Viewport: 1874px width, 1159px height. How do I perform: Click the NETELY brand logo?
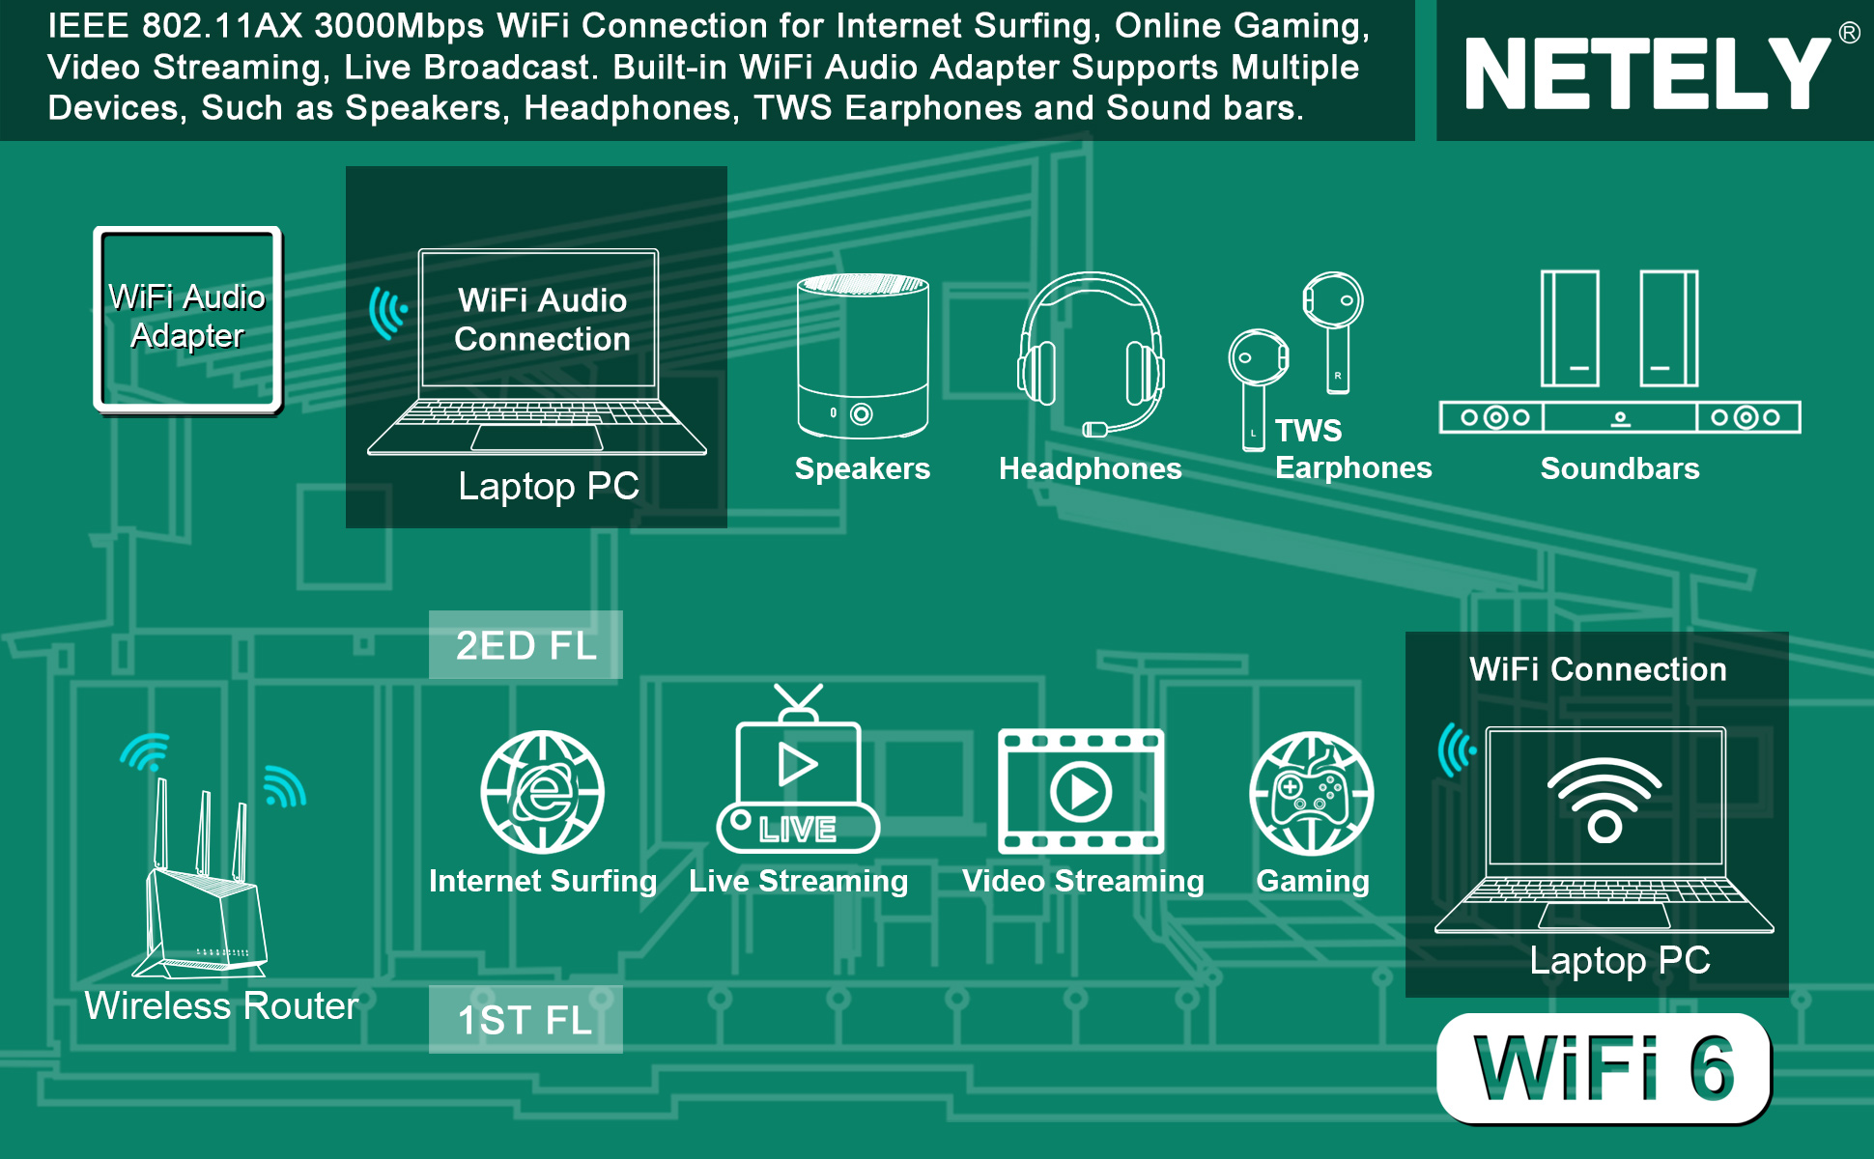[x=1646, y=73]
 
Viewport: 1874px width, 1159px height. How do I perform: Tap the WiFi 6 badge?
[x=1604, y=1068]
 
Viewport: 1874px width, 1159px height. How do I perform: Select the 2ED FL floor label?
[x=525, y=645]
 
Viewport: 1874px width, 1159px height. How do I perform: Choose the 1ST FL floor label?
[x=525, y=1019]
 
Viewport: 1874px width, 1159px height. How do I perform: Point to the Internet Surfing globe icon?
[x=543, y=792]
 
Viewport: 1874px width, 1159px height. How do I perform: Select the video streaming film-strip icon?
[x=1081, y=792]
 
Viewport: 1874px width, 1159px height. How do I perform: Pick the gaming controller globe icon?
[x=1312, y=794]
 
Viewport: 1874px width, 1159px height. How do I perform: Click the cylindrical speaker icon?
[x=863, y=356]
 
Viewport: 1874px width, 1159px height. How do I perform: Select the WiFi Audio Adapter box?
[x=187, y=320]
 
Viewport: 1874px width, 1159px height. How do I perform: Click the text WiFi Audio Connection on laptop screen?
[x=542, y=320]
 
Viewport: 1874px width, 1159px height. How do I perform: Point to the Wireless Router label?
[x=221, y=1005]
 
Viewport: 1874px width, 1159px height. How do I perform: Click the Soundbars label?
[x=1620, y=468]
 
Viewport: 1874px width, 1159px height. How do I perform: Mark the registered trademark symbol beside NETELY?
[x=1849, y=33]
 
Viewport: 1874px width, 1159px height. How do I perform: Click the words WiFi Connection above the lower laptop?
[x=1598, y=669]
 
